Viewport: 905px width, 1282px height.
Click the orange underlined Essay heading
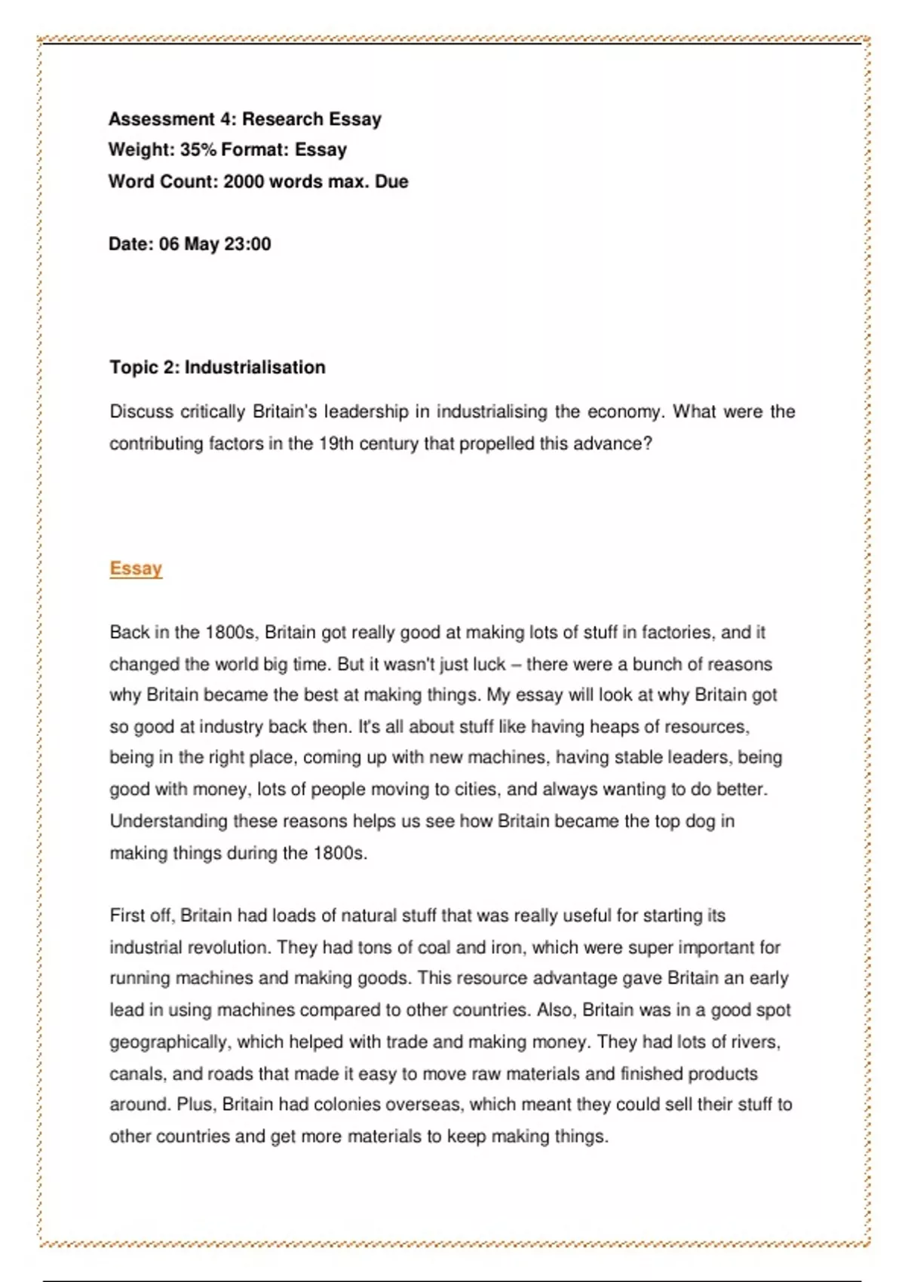136,568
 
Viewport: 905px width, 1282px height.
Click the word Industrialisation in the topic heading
255,367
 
